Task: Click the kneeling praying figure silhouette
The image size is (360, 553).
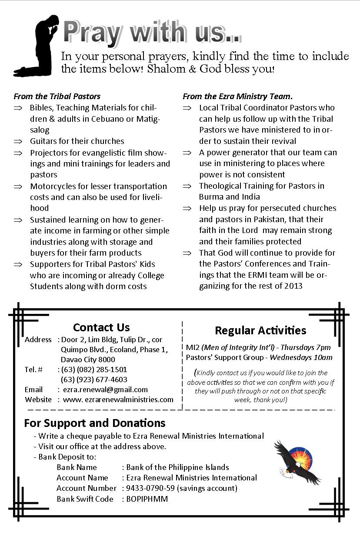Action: pos(37,46)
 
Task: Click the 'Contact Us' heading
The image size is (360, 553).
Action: pos(101,327)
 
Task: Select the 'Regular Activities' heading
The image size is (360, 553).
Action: pos(260,330)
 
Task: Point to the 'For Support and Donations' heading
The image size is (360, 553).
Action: pos(95,423)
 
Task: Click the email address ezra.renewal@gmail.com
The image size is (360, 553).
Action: pos(105,390)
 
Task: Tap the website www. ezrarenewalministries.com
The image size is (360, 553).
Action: pos(118,400)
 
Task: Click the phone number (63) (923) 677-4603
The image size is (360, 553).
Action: pos(94,380)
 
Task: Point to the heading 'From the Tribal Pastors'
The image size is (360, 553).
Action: pos(57,97)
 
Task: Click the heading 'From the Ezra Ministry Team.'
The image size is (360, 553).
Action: pos(237,97)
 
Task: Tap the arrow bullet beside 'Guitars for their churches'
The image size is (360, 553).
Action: pos(18,141)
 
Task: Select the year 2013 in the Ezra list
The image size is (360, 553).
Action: pos(293,286)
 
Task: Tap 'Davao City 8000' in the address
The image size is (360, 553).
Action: pos(88,360)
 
